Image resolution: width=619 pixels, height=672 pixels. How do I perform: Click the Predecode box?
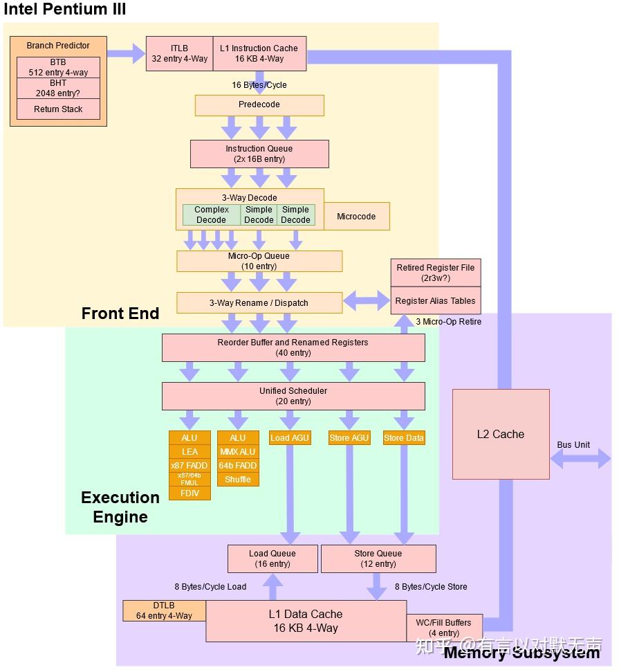[259, 105]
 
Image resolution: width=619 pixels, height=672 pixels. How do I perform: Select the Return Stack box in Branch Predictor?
[58, 109]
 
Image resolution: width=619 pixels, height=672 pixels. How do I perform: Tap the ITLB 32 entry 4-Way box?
[179, 53]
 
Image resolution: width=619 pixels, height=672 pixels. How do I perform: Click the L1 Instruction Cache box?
[259, 53]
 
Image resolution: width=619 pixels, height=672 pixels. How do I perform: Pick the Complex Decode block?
[211, 215]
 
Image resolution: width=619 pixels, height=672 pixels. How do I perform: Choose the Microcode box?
[356, 217]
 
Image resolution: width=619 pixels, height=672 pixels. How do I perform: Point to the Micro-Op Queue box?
[259, 261]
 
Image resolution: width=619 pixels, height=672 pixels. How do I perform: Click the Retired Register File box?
[435, 273]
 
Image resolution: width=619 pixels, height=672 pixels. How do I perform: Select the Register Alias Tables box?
[435, 302]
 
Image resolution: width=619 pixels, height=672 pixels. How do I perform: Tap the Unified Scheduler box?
[293, 396]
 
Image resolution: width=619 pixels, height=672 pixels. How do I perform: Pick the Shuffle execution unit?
[238, 480]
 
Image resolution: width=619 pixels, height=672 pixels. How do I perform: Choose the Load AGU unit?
[290, 438]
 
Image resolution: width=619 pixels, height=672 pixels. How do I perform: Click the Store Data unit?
[404, 438]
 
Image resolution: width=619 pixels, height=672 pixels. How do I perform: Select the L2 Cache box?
[501, 435]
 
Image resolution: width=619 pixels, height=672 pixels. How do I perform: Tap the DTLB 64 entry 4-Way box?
[164, 610]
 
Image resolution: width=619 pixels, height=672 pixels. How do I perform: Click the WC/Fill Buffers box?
[444, 628]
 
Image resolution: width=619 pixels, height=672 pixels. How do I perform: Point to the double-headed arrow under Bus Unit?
[580, 459]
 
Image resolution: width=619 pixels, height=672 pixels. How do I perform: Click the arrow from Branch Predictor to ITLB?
[126, 54]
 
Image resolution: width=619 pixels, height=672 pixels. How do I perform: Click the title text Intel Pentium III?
[65, 10]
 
